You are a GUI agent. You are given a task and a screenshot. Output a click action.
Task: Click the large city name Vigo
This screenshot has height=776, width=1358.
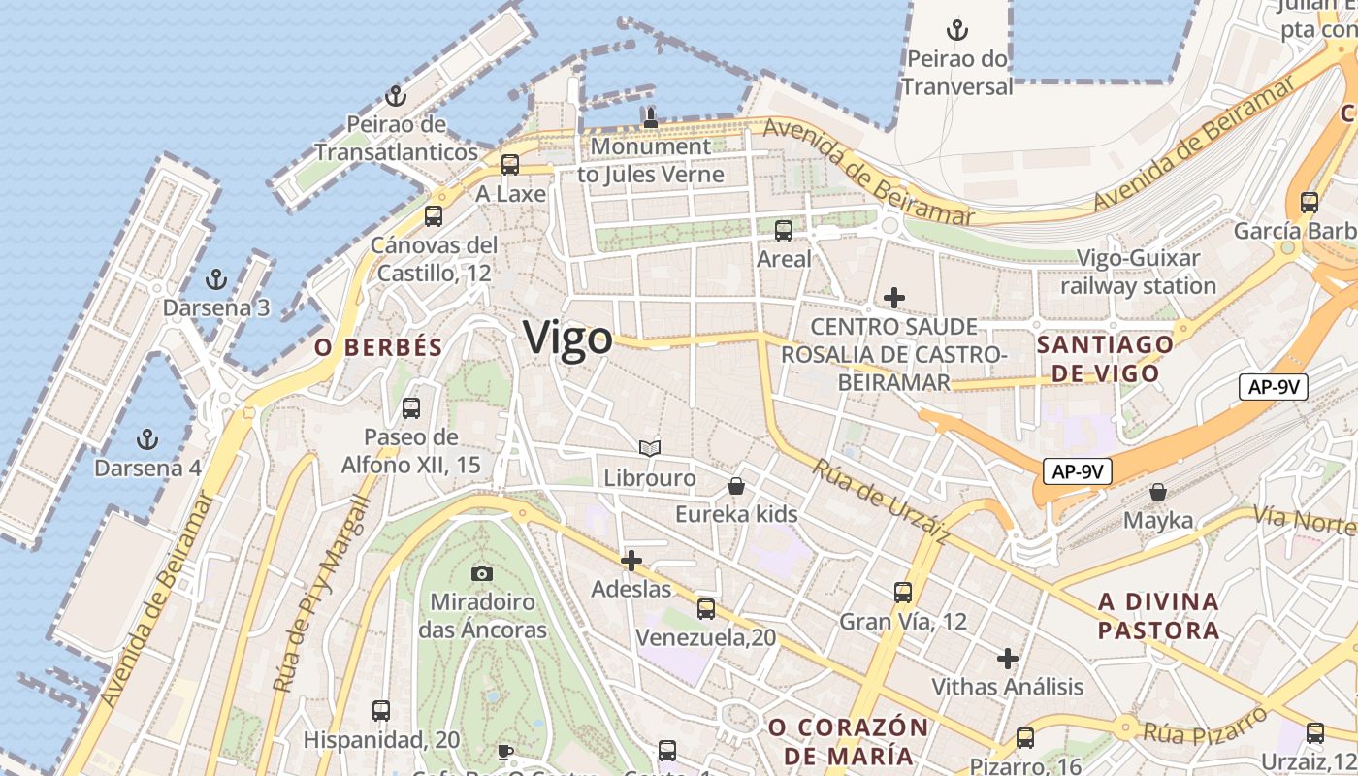(x=567, y=338)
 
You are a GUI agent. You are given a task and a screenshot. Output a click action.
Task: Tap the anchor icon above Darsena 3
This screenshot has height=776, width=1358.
(x=215, y=280)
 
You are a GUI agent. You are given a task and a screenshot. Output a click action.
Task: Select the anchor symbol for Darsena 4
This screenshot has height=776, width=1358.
(x=147, y=439)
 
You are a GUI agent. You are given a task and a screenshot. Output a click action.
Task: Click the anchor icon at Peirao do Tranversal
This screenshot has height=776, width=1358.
(x=957, y=30)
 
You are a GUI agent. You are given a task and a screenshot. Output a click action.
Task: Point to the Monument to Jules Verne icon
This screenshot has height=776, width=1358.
(x=650, y=118)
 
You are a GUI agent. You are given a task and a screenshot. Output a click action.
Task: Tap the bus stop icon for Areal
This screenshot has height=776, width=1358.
(x=784, y=231)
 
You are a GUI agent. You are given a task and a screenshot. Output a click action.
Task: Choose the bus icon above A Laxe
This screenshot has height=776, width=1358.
(x=510, y=165)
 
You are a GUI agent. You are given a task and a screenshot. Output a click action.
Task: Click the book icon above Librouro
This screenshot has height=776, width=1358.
(x=650, y=449)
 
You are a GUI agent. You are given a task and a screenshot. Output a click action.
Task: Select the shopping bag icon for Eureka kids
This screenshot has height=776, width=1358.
(x=736, y=486)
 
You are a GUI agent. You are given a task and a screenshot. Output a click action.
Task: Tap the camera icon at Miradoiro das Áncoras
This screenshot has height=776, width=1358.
(x=481, y=574)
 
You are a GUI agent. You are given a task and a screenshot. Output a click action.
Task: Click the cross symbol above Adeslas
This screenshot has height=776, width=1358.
(x=631, y=561)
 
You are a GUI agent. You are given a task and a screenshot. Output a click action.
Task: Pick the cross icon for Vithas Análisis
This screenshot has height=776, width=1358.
(x=1008, y=659)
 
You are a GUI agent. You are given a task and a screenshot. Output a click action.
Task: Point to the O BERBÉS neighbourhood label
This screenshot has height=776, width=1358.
(x=378, y=347)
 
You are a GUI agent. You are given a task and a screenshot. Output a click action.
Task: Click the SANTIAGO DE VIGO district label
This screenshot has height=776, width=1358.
(x=1105, y=359)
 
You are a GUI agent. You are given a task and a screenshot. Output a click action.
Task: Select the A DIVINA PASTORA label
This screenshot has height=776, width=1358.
(x=1158, y=616)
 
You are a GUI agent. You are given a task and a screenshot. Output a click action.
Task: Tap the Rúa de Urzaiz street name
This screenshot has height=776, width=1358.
(x=881, y=501)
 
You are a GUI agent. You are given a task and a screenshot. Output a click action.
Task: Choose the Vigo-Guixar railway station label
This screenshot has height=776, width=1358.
(x=1138, y=273)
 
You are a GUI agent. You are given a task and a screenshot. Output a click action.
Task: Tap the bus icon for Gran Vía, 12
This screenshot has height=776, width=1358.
(x=903, y=592)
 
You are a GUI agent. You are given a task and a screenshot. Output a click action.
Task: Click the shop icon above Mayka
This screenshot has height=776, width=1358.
(x=1158, y=492)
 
